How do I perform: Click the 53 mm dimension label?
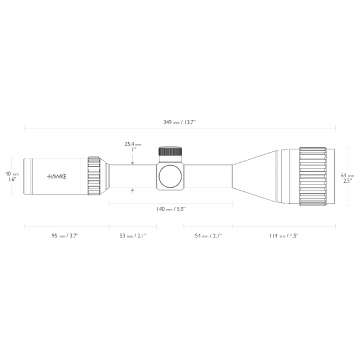point(133,237)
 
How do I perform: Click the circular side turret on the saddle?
point(172,176)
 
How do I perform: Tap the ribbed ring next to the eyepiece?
point(94,174)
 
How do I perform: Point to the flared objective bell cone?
point(265,174)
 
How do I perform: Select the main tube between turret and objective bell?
point(215,174)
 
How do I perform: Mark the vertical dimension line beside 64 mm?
point(335,174)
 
